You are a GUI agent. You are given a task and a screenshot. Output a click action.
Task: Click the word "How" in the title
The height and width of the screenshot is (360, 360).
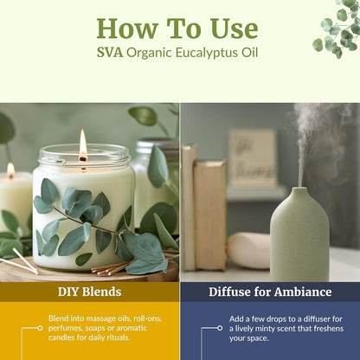pos(127,29)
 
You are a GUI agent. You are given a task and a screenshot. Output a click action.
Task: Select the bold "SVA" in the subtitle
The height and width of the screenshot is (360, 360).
pos(110,53)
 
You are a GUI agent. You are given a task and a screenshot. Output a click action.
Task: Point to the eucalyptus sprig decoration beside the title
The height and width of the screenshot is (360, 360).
pos(337,28)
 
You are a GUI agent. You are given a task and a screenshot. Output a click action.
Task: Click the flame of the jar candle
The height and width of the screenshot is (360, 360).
pos(83,143)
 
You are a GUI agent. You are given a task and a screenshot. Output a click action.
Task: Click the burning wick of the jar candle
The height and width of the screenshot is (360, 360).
pos(83,158)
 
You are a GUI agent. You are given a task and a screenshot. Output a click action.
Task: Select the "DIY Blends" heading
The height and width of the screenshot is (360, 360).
pos(89,292)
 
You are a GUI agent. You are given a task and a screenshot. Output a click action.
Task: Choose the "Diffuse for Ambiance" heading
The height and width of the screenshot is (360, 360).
pos(270,292)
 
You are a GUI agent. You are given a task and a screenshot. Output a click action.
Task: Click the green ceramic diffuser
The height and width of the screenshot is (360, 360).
pos(299,235)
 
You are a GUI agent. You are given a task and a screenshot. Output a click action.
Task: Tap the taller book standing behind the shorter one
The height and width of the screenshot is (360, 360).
pos(188,207)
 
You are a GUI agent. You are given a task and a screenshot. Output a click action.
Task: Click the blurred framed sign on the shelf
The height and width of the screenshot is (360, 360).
pos(253,158)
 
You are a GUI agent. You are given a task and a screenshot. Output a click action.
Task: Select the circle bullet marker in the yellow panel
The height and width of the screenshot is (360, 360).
pos(40,328)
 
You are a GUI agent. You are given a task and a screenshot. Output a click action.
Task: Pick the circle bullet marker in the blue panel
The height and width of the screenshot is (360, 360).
pos(220,328)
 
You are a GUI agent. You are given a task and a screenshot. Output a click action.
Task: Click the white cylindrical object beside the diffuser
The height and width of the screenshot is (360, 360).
pos(248,250)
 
